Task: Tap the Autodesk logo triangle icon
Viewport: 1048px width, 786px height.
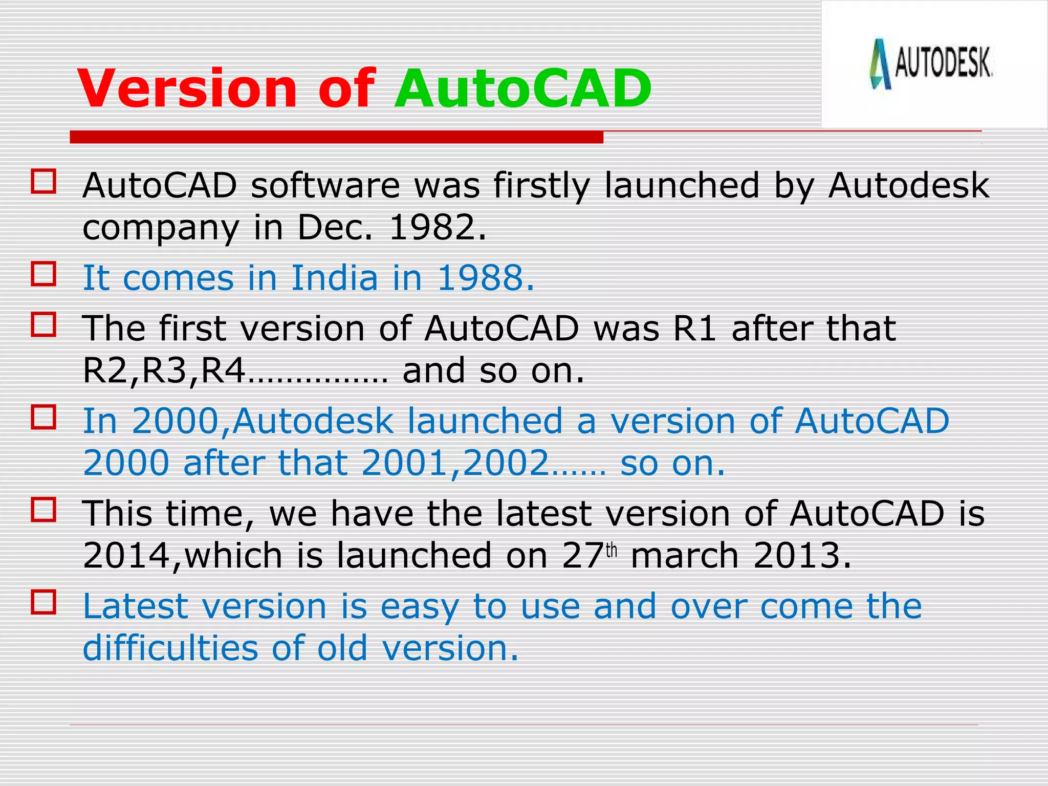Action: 880,64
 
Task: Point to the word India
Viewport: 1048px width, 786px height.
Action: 335,278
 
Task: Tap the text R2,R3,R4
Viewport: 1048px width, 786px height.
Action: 164,370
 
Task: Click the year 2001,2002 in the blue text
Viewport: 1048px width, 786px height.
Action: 455,463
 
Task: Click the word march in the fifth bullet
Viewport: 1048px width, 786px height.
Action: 685,556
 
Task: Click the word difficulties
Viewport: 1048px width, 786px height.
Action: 170,648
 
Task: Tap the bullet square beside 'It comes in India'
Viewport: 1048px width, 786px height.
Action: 43,274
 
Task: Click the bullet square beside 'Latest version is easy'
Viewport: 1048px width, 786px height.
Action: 43,602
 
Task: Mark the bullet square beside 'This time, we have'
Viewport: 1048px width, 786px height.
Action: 43,509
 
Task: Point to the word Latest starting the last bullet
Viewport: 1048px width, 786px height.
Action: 135,606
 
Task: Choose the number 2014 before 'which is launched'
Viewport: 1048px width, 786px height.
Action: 126,556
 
